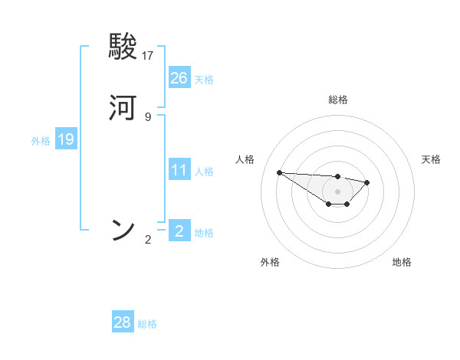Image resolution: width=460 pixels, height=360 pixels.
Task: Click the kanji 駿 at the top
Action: [x=123, y=48]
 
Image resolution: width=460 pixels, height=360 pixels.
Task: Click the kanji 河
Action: [x=123, y=108]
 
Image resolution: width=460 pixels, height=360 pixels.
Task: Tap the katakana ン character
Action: [x=123, y=229]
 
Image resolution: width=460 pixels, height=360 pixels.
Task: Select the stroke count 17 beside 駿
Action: [x=149, y=55]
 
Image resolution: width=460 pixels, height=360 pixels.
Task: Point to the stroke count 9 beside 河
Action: [x=148, y=116]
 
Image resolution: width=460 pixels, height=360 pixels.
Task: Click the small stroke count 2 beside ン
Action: [x=148, y=240]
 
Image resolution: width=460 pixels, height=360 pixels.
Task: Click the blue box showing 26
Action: [x=179, y=77]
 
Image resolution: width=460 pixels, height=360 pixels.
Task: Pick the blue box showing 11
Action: [x=179, y=169]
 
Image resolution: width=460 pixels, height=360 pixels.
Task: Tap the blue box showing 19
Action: [x=66, y=139]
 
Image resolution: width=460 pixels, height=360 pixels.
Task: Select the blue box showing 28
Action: [x=123, y=322]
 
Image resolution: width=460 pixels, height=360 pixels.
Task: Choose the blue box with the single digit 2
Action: [x=179, y=231]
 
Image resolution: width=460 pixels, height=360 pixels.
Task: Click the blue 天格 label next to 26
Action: [x=204, y=80]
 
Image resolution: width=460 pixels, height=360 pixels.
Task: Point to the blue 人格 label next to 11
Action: [x=204, y=172]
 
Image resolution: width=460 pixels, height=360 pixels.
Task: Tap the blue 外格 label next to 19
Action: [x=41, y=141]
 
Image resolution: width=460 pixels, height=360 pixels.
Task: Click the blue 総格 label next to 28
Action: [x=147, y=325]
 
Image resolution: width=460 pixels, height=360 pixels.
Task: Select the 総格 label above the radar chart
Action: [x=337, y=100]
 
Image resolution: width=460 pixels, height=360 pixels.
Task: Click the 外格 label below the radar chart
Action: [x=270, y=262]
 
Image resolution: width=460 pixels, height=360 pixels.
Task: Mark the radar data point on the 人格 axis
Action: [x=279, y=172]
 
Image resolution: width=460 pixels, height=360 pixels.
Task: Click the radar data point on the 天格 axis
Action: [x=367, y=182]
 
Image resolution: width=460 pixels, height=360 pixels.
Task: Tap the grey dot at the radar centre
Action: [x=337, y=191]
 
